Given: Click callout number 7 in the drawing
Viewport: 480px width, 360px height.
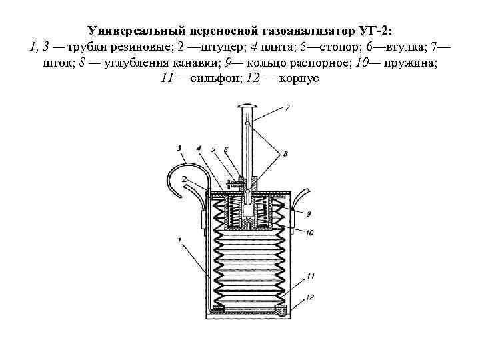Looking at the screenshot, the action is (287, 107).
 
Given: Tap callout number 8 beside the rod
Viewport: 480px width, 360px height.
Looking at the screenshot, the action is (286, 154).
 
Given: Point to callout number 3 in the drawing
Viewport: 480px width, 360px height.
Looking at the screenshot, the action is (180, 147).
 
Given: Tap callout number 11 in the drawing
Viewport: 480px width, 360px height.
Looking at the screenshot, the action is (311, 275).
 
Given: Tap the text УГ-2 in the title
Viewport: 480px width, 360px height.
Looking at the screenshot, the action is (373, 31).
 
